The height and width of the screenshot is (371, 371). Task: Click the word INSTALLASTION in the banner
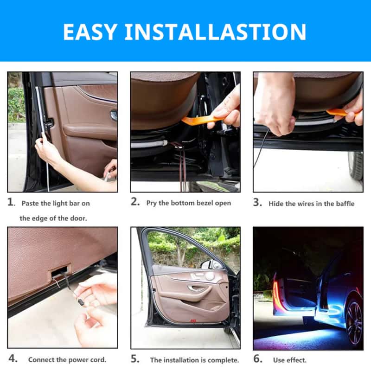(x=215, y=32)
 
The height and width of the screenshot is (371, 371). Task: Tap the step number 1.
(x=11, y=203)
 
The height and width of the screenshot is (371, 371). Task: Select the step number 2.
(x=134, y=203)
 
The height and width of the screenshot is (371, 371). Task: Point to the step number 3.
(x=257, y=203)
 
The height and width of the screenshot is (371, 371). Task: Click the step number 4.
(x=13, y=359)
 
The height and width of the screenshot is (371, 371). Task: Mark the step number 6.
(x=258, y=359)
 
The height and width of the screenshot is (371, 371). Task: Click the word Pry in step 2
(x=152, y=203)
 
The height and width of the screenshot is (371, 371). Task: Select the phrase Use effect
(x=289, y=360)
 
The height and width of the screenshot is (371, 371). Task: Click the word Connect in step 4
(x=41, y=360)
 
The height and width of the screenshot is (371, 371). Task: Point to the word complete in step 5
(x=225, y=360)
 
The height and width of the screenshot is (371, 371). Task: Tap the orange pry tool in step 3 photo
(x=339, y=112)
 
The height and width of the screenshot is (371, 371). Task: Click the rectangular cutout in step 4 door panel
(x=60, y=270)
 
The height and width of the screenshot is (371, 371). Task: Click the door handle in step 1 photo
(x=113, y=115)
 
